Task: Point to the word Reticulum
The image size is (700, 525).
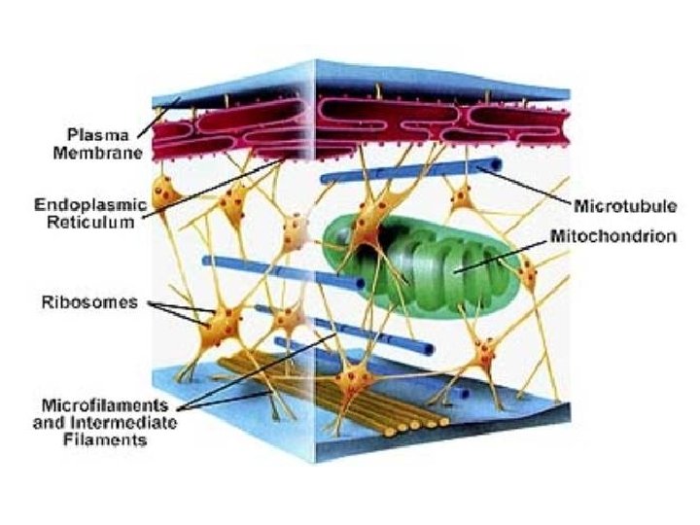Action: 88,223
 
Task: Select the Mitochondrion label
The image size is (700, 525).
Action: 613,236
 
